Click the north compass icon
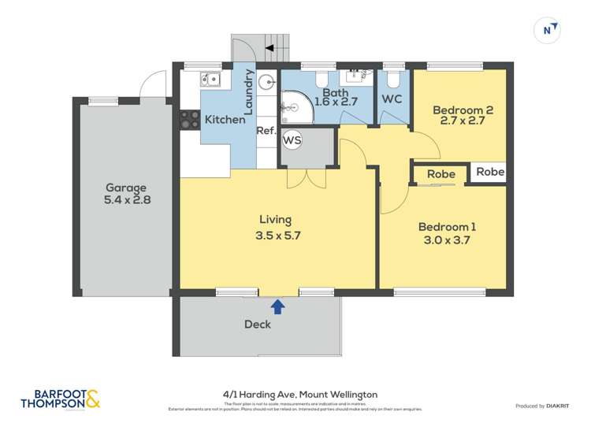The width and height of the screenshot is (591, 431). tap(549, 31)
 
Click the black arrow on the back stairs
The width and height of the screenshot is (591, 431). tap(269, 48)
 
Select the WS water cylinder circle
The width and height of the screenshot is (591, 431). tap(292, 140)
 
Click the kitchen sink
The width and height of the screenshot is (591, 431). tap(210, 79)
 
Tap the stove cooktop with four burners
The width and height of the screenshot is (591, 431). tap(190, 119)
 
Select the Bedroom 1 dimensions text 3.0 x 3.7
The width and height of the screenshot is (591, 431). tap(447, 241)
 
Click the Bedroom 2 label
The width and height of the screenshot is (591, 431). tap(463, 111)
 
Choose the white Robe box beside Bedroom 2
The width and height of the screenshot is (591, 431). tap(489, 172)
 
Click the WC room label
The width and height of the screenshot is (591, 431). tap(392, 100)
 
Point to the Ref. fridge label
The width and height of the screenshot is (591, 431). tap(265, 131)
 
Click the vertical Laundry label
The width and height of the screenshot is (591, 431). tap(248, 93)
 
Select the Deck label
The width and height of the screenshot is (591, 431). tap(258, 324)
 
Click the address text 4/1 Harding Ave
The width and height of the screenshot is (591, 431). tap(264, 394)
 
